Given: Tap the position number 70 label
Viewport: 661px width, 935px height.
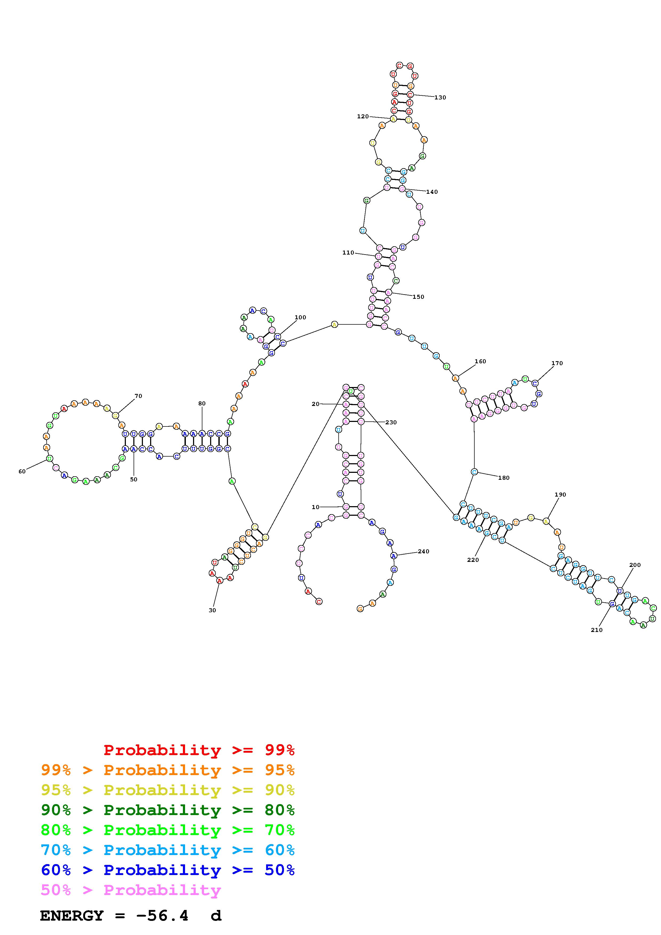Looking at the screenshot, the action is tap(138, 396).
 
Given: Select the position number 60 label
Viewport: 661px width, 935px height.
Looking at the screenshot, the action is tap(22, 471).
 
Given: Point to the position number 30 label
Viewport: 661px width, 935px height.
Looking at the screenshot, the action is tap(212, 610).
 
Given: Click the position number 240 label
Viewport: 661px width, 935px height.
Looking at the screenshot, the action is tap(424, 551).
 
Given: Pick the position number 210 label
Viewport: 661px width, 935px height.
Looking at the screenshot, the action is tap(597, 630).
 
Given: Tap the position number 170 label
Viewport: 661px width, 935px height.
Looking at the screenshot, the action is tap(557, 363).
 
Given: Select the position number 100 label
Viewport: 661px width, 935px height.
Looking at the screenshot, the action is tap(300, 317).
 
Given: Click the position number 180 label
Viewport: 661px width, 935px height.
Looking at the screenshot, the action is tap(504, 478).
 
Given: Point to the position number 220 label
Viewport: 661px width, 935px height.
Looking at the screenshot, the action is tap(473, 560).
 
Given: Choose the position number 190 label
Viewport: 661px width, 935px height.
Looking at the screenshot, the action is tap(560, 494).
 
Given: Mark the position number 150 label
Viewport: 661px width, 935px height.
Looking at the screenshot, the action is tap(418, 297).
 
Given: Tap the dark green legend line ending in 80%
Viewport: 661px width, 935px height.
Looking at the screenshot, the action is tap(167, 810).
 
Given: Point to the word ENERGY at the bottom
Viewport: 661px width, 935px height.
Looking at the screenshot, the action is tap(72, 916).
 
